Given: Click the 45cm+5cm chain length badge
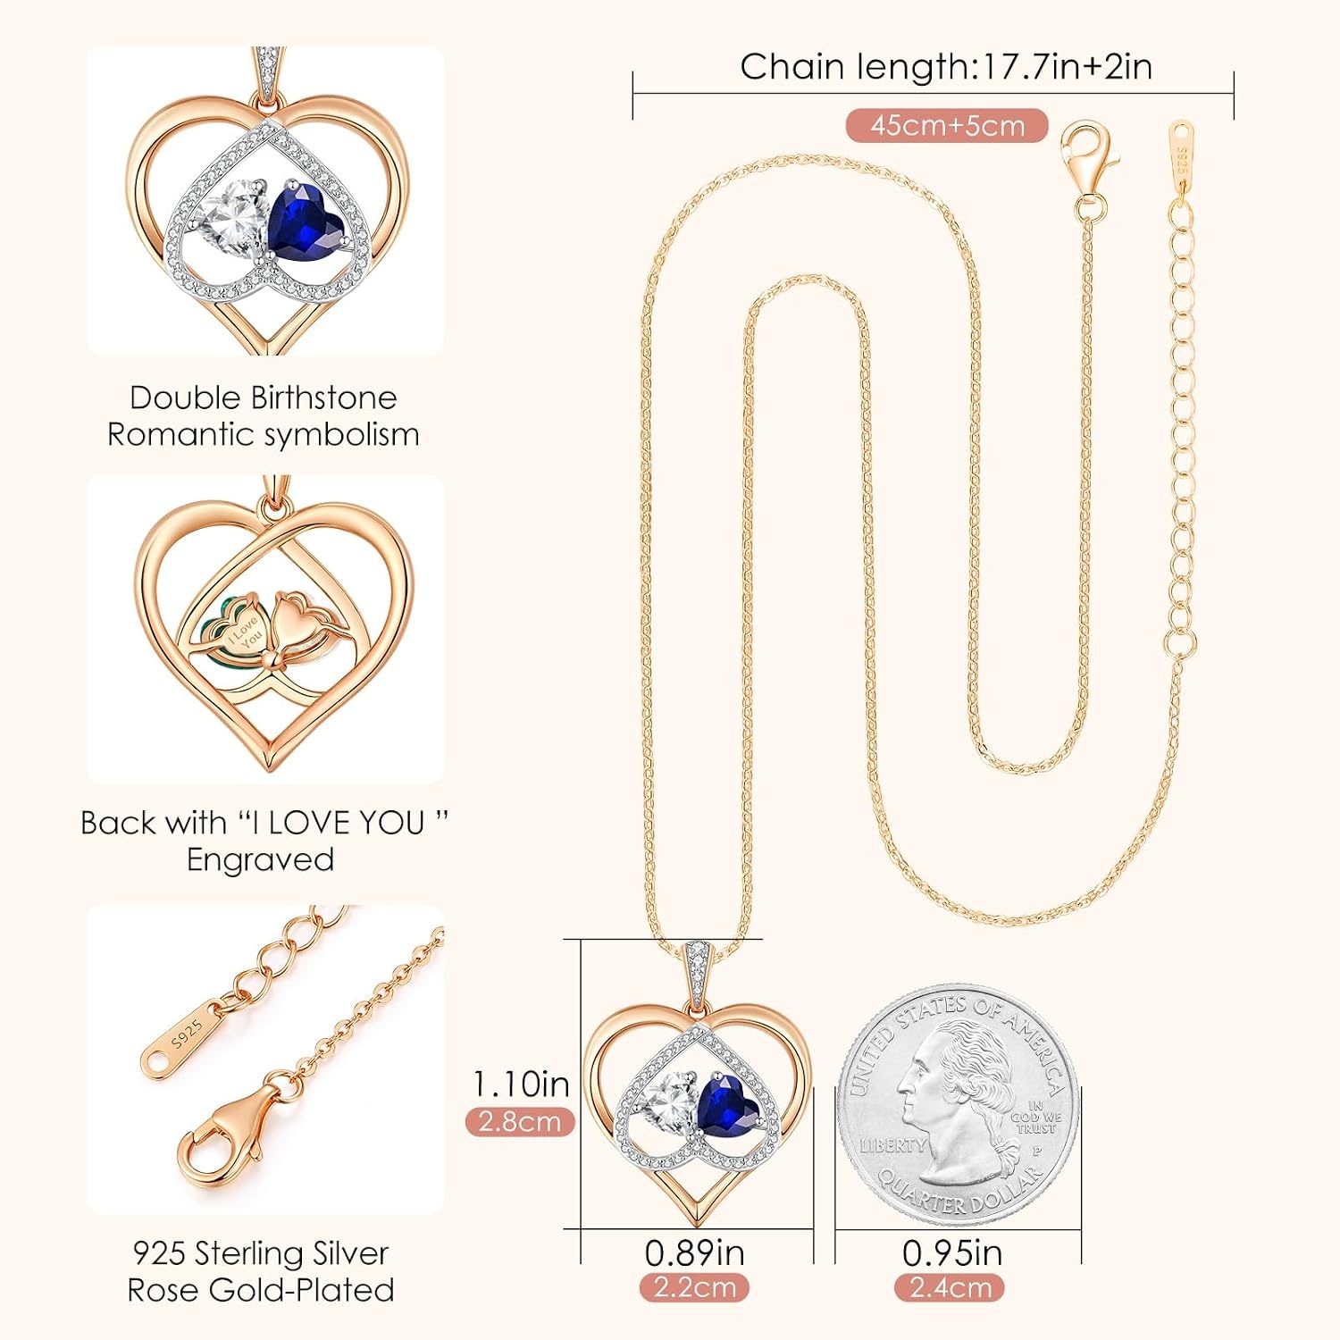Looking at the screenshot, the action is click(947, 126).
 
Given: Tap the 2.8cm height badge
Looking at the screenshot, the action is click(520, 1121).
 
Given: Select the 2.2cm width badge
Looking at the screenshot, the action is click(694, 1287).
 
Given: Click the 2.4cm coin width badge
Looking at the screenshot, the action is click(951, 1287).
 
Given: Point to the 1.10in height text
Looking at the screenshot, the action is click(521, 1084).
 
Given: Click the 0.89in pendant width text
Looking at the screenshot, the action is click(694, 1252).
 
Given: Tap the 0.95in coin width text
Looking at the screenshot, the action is click(951, 1252).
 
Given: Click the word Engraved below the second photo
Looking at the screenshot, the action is click(261, 859).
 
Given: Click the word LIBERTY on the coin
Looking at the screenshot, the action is click(892, 1145).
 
